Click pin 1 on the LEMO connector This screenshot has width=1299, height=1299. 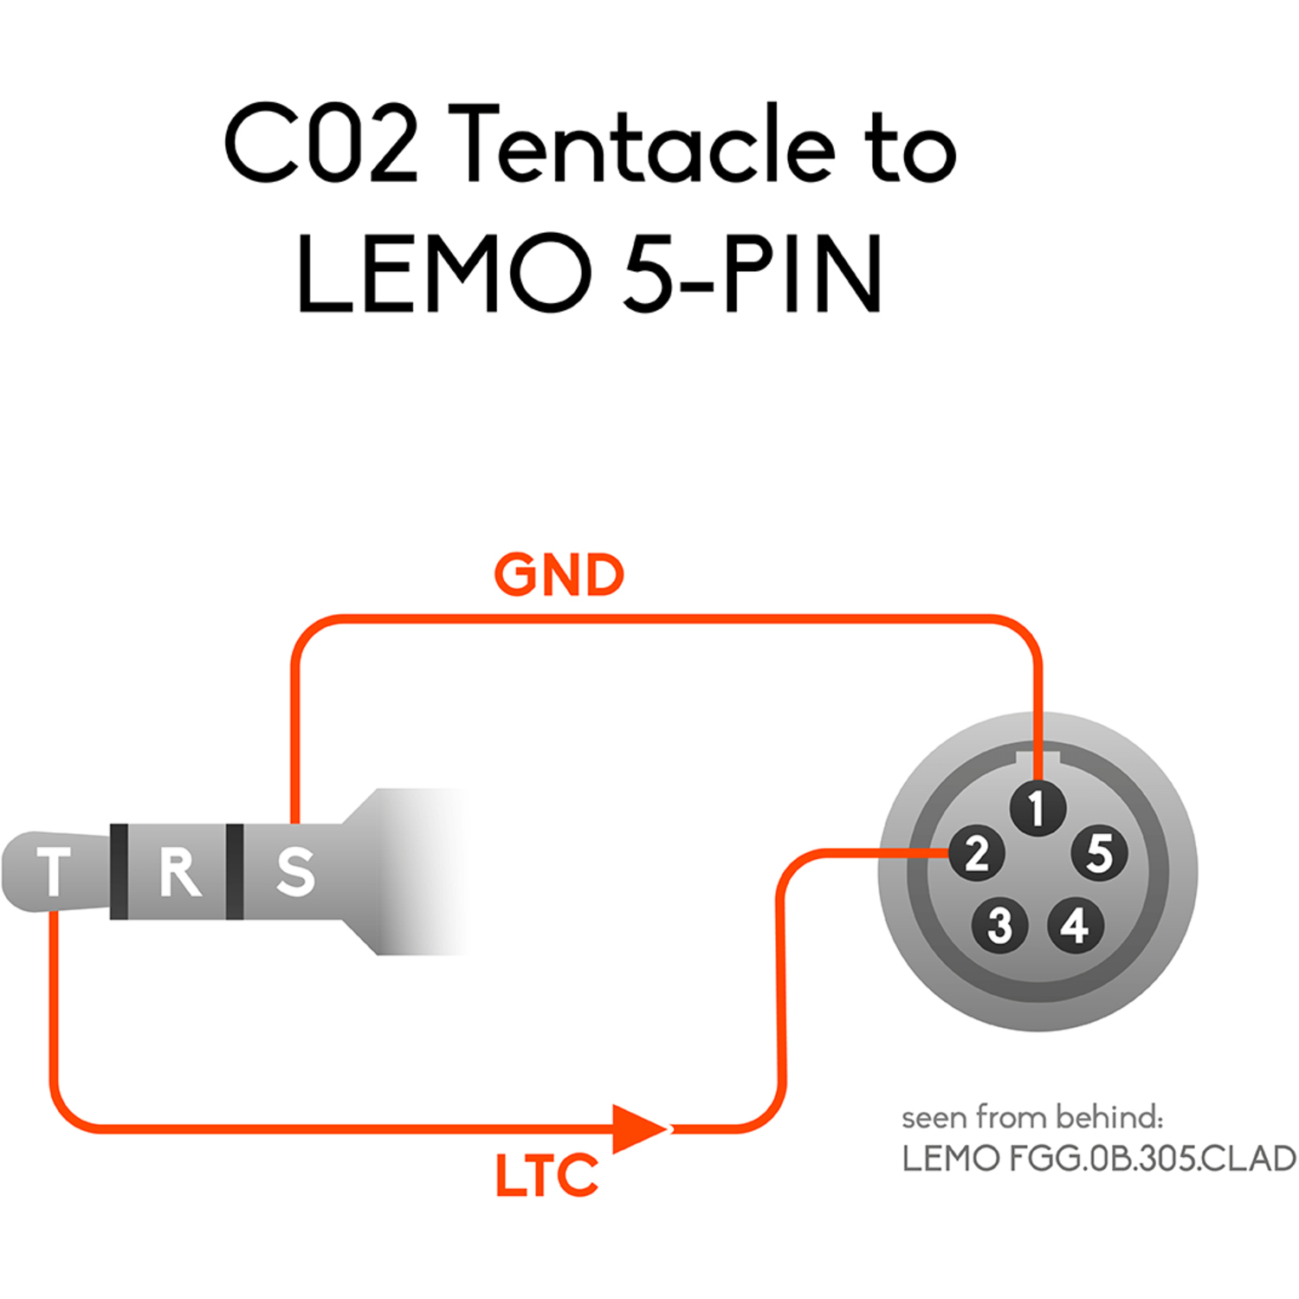[1037, 809]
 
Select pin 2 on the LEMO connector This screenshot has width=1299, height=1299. [977, 854]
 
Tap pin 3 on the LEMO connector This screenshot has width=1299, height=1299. [999, 925]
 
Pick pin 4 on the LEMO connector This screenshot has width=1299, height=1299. [1076, 925]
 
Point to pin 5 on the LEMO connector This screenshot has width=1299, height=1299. [1099, 853]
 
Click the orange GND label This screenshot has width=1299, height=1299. [559, 575]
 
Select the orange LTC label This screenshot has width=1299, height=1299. [546, 1176]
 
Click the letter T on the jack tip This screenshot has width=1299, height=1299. [54, 871]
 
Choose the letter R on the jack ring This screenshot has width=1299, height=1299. [179, 871]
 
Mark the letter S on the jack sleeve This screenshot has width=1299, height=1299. [295, 871]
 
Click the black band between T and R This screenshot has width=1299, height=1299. [120, 871]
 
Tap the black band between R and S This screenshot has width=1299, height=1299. [234, 871]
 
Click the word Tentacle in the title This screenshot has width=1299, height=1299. [642, 145]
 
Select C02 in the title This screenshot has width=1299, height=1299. [321, 145]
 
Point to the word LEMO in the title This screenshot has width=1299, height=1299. [443, 274]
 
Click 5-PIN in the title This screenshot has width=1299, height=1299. [752, 274]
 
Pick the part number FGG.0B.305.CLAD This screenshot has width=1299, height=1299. [1152, 1159]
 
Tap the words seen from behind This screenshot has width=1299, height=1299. [1031, 1117]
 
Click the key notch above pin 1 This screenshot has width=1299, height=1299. [1037, 760]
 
